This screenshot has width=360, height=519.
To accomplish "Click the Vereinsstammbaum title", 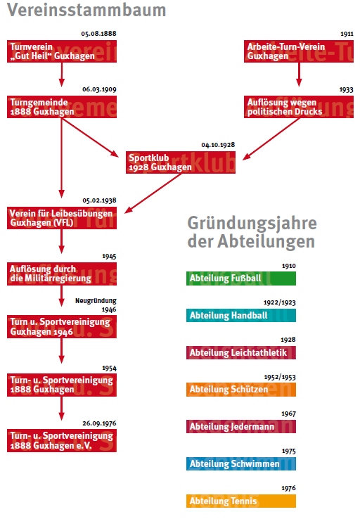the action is pyautogui.click(x=86, y=10).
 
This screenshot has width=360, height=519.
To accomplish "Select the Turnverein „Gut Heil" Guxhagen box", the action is pyautogui.click(x=62, y=51).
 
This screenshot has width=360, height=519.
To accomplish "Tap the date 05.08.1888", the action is pyautogui.click(x=98, y=34).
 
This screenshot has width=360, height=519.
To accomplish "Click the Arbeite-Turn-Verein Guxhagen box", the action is pyautogui.click(x=299, y=51).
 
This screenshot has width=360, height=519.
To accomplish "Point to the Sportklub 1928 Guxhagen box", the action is pyautogui.click(x=181, y=162).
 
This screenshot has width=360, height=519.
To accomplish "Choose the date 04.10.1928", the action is pyautogui.click(x=218, y=145).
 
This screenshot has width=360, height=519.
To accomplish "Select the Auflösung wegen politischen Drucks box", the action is pyautogui.click(x=299, y=107).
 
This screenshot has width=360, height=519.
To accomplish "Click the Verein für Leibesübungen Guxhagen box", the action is pyautogui.click(x=62, y=218).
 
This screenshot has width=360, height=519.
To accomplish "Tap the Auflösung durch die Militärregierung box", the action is pyautogui.click(x=62, y=274).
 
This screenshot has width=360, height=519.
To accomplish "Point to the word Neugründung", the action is pyautogui.click(x=96, y=300).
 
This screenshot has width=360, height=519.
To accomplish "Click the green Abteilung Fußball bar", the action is pyautogui.click(x=241, y=278).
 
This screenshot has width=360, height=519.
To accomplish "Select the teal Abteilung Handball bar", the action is pyautogui.click(x=241, y=316).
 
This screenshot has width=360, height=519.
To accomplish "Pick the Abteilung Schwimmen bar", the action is pyautogui.click(x=241, y=463).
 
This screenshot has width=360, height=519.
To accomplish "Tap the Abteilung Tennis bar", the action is pyautogui.click(x=241, y=501).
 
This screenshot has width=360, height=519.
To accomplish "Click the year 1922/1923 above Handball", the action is pyautogui.click(x=280, y=302).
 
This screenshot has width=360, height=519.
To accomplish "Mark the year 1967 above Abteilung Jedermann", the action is pyautogui.click(x=288, y=414).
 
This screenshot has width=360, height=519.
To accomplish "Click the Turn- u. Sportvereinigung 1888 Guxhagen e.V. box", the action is pyautogui.click(x=62, y=440).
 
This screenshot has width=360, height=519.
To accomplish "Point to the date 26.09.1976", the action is pyautogui.click(x=99, y=423).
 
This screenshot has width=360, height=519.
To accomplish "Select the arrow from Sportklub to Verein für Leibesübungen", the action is pyautogui.click(x=153, y=193).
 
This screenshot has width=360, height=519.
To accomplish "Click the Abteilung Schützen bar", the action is pyautogui.click(x=241, y=390).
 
